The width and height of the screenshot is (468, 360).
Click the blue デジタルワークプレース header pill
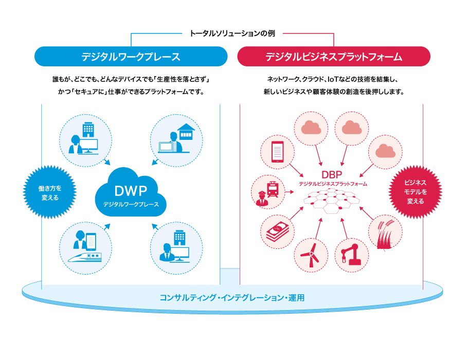pos(131,57)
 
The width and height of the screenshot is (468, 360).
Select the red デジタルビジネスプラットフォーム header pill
pos(334,57)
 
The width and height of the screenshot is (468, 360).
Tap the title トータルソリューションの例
pos(232,33)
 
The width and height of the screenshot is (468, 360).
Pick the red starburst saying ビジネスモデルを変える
pos(415,192)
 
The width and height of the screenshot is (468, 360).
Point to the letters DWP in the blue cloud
pos(131,191)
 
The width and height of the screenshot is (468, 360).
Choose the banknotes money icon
pos(277,232)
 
